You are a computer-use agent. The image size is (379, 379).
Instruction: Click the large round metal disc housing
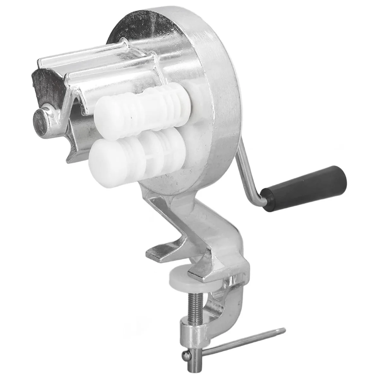pos(202,79)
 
